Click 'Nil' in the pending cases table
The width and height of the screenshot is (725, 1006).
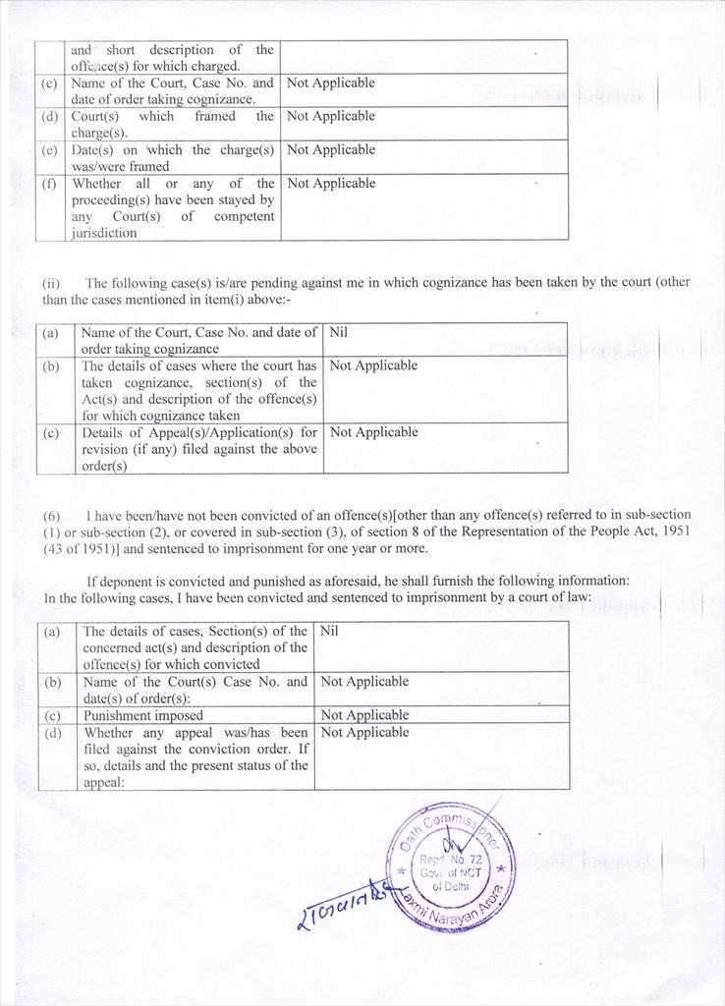coord(338,332)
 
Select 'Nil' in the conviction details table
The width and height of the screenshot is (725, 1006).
coord(329,631)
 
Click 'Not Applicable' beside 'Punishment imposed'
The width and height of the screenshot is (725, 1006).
coord(364,715)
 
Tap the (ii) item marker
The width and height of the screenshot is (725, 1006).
coord(51,282)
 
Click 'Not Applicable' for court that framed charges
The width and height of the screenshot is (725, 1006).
coord(330,116)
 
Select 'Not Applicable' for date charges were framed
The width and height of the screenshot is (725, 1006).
coord(330,149)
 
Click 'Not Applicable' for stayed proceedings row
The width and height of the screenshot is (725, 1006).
coord(330,183)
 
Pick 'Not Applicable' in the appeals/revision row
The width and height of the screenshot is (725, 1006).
coord(373,432)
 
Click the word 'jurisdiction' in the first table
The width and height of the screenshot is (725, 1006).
coord(104,234)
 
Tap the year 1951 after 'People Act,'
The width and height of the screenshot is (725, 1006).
coord(674,531)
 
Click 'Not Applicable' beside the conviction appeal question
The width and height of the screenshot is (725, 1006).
coord(364,732)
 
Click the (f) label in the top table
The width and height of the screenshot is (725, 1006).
coord(50,183)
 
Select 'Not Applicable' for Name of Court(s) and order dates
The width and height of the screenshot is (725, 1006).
coord(364,681)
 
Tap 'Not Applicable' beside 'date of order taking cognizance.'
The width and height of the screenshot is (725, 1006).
coord(330,83)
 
